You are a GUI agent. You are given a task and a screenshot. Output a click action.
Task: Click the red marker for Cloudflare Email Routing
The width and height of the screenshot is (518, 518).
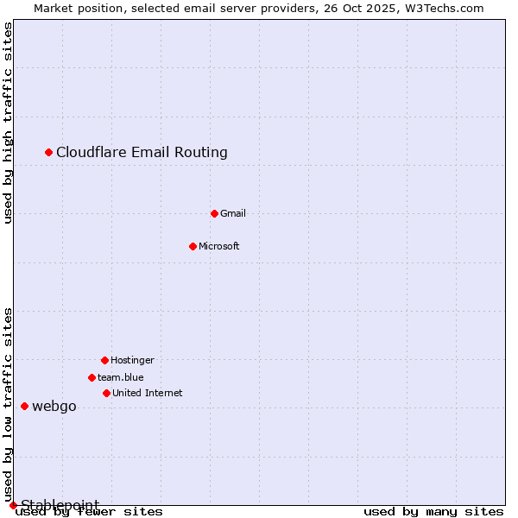(49, 152)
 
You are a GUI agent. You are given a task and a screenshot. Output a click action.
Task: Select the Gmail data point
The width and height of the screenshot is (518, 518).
(215, 213)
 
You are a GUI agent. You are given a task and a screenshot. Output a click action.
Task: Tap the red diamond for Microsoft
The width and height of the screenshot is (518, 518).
(193, 246)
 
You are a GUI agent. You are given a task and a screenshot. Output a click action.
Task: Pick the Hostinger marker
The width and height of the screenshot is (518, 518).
(105, 360)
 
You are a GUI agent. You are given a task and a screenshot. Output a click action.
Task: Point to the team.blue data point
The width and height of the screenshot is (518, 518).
(92, 377)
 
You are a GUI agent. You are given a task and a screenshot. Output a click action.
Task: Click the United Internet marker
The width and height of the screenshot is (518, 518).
(107, 393)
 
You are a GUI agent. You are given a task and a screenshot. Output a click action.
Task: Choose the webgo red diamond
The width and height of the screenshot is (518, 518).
(25, 406)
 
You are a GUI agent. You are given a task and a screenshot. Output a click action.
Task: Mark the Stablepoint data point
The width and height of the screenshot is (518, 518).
(13, 505)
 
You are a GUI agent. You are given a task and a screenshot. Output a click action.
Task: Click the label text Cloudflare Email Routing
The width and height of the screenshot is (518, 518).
(142, 153)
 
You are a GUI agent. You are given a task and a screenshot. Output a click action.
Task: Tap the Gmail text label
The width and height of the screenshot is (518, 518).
(233, 214)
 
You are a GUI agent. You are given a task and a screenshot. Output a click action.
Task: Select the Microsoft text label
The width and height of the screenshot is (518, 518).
(219, 247)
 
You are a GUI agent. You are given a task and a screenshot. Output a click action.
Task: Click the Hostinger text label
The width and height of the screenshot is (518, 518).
(132, 361)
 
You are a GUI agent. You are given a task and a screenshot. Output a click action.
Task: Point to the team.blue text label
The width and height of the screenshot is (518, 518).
(121, 378)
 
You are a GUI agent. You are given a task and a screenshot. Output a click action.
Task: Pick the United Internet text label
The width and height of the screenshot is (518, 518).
(148, 394)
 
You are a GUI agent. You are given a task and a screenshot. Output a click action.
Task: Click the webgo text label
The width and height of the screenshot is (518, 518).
(54, 407)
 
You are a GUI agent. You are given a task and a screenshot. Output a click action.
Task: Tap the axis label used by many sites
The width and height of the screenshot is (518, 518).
(433, 512)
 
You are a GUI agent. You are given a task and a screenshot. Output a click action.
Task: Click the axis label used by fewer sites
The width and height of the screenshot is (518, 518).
(89, 512)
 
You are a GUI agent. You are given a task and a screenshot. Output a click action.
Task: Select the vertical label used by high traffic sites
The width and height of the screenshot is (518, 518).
(9, 123)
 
